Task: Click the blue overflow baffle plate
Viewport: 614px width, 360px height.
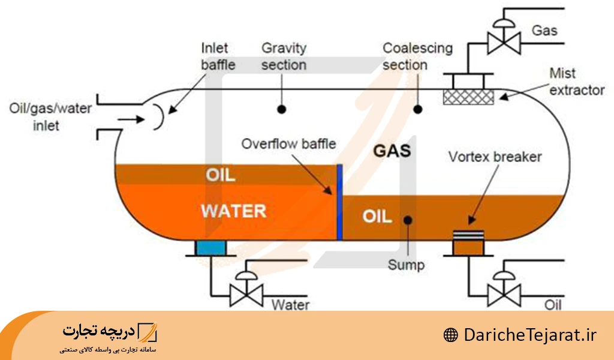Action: [339, 202]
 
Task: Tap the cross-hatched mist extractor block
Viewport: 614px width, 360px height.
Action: [468, 97]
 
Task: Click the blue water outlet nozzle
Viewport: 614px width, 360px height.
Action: [210, 248]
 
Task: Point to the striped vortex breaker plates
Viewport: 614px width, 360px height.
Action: [468, 235]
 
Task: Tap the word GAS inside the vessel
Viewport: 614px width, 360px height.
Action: [392, 151]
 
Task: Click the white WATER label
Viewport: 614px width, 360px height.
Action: [234, 211]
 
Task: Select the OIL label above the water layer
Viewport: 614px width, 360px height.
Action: [221, 175]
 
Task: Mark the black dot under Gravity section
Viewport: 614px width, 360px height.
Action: [282, 110]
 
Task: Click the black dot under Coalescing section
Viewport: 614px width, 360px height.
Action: [418, 110]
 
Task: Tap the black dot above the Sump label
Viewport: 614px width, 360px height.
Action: [408, 220]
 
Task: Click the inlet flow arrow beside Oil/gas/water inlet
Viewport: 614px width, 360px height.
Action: [131, 119]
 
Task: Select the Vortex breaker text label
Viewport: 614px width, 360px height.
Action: [495, 157]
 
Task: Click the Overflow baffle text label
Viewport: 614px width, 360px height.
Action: [288, 144]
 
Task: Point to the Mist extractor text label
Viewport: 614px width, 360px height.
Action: [577, 82]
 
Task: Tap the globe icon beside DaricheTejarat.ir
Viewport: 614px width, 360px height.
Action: [451, 335]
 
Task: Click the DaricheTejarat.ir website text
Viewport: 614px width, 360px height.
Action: [530, 335]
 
